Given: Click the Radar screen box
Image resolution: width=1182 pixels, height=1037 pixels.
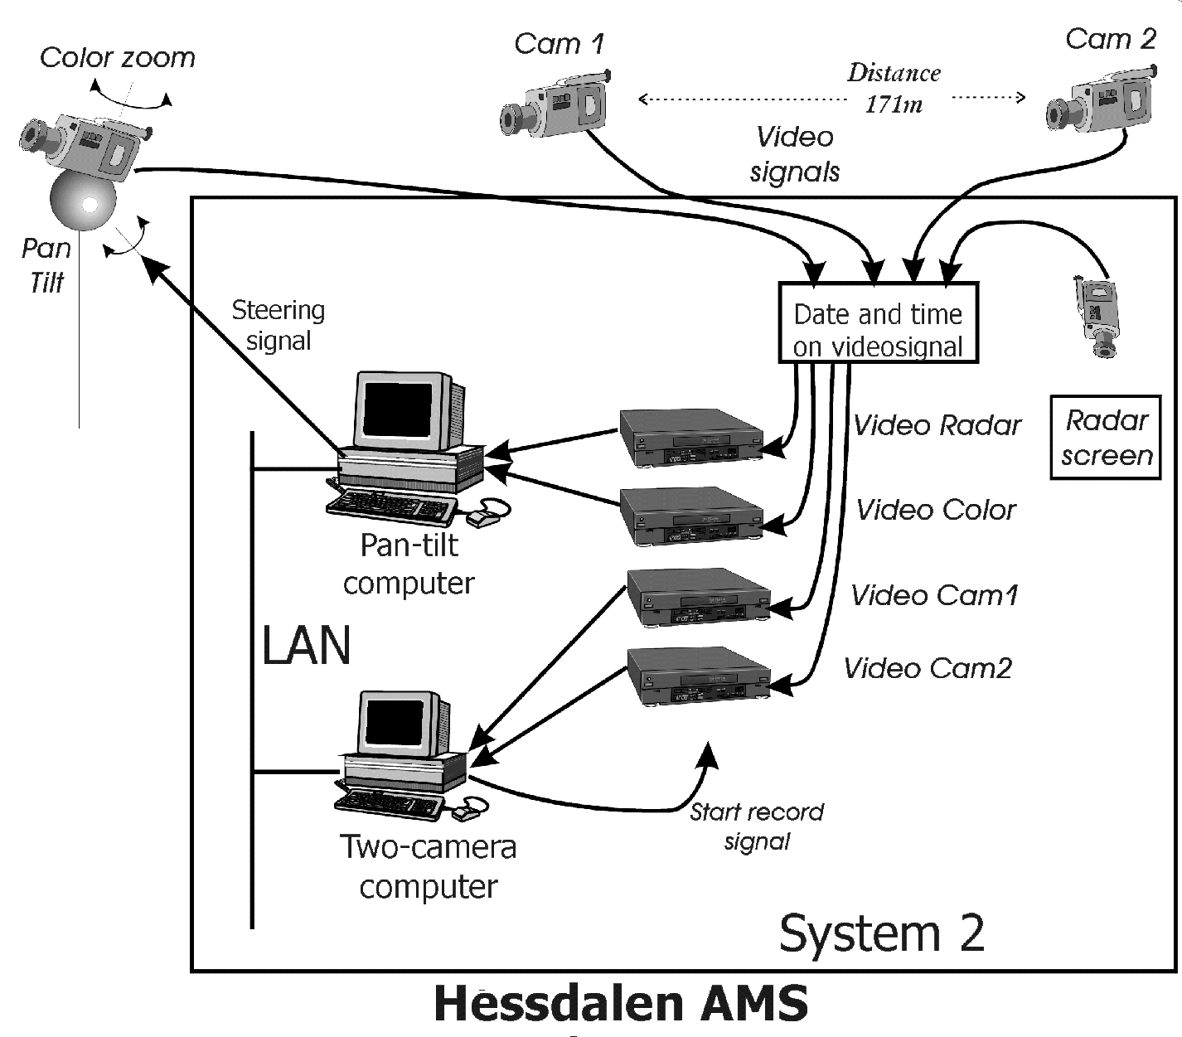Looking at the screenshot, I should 1106,438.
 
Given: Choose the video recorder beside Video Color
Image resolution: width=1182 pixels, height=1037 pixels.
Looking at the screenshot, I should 691,516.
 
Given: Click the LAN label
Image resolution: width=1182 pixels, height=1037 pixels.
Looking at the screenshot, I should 306,646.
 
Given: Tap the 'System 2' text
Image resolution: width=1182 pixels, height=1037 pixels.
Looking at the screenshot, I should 882,933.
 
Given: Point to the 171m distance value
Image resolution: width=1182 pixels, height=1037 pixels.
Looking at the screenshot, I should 894,104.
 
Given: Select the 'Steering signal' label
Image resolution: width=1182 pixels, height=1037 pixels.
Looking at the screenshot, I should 278,325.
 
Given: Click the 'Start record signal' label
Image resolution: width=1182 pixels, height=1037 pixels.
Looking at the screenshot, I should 757,826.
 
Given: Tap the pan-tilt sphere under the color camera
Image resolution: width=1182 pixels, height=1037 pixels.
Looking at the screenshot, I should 81,201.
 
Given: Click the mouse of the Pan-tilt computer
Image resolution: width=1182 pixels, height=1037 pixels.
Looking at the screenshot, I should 487,514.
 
